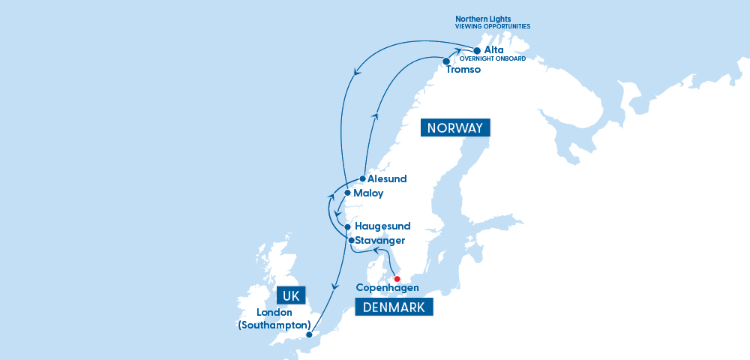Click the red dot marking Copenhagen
pyautogui.click(x=397, y=279)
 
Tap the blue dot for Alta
pyautogui.click(x=477, y=51)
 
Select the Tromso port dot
pyautogui.click(x=446, y=61)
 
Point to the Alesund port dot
pyautogui.click(x=362, y=179)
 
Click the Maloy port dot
pyautogui.click(x=346, y=193)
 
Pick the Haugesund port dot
pyautogui.click(x=348, y=226)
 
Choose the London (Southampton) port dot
pyautogui.click(x=309, y=335)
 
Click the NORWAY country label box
pyautogui.click(x=454, y=128)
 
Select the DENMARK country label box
pyautogui.click(x=394, y=307)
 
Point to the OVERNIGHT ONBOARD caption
pyautogui.click(x=492, y=58)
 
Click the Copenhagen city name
pyautogui.click(x=387, y=288)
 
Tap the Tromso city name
pyautogui.click(x=463, y=70)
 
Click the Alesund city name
pyautogui.click(x=387, y=179)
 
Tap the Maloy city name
pyautogui.click(x=368, y=193)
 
